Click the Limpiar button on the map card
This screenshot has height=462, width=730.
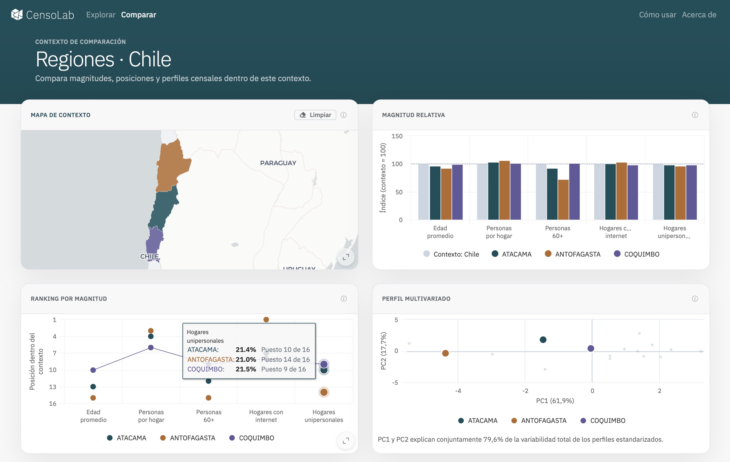click(x=315, y=115)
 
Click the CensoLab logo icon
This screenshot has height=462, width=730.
click(x=17, y=14)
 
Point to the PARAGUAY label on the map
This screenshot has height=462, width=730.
click(x=278, y=163)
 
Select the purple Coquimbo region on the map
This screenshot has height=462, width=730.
click(x=154, y=241)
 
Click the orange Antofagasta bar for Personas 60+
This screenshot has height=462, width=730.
click(x=563, y=200)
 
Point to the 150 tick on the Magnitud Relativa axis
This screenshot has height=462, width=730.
click(x=397, y=136)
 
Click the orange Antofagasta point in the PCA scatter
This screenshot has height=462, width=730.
click(x=445, y=353)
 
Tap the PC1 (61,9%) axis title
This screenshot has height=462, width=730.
click(x=555, y=401)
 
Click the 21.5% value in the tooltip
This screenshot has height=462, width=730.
click(x=246, y=369)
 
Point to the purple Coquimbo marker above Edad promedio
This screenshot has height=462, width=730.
click(x=93, y=370)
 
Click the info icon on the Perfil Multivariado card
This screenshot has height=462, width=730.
click(x=695, y=299)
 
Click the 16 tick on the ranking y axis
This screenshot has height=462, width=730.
click(x=53, y=403)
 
